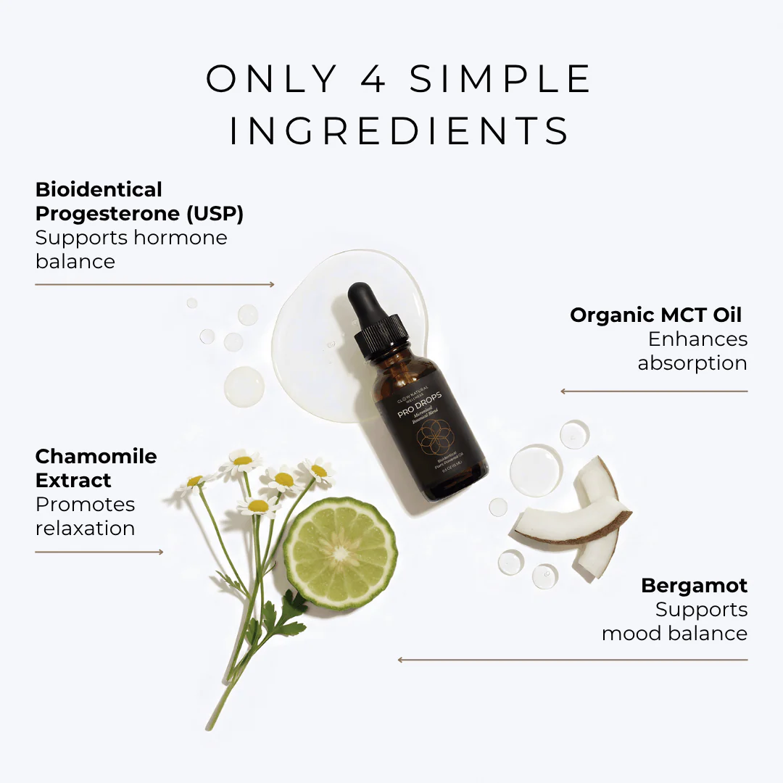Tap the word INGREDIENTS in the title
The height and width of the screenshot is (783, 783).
(399, 131)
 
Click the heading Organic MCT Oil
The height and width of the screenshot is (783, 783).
(656, 315)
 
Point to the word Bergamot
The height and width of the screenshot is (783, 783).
(694, 585)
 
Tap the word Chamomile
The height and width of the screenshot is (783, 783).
(96, 456)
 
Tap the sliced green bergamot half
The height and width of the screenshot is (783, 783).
(340, 552)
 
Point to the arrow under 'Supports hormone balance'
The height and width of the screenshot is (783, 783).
(154, 285)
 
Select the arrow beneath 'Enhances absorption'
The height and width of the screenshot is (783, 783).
(654, 391)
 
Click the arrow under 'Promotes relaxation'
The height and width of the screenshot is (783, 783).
(99, 552)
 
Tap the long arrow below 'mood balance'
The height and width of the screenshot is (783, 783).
(573, 660)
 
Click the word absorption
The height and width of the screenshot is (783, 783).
(692, 363)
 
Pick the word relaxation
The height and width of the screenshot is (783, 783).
(85, 529)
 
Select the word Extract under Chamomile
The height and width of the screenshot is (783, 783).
(73, 480)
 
